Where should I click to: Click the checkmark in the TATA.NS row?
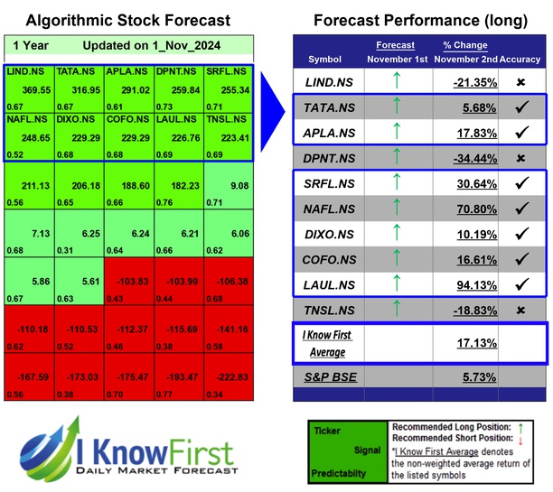tap(521, 107)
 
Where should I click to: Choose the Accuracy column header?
tap(520, 60)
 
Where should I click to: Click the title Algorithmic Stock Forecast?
tap(127, 20)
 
